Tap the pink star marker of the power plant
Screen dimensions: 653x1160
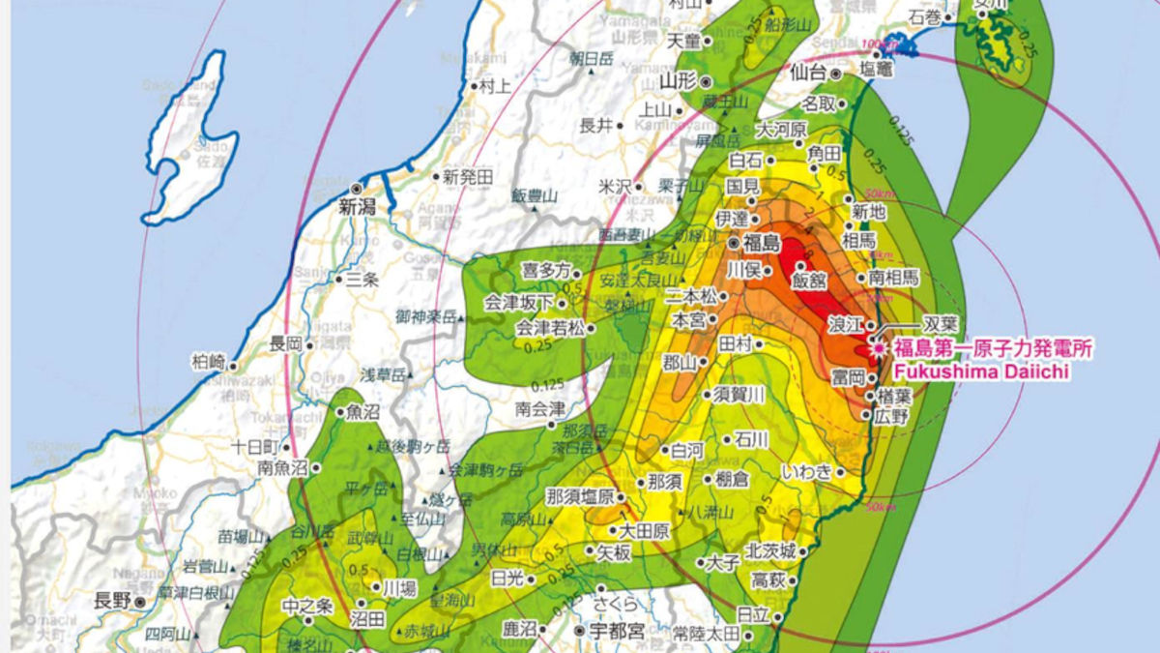pos(878,346)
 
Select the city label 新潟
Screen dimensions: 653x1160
pos(355,206)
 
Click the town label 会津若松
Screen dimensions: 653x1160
pos(549,328)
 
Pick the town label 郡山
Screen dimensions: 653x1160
pos(680,363)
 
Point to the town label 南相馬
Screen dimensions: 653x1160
pos(893,278)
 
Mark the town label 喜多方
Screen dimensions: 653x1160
pos(546,271)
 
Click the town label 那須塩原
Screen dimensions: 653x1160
pos(579,496)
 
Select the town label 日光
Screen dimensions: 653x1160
pos(507,579)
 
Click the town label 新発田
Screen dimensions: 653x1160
pos(468,177)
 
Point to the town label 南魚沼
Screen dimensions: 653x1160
pos(282,468)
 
